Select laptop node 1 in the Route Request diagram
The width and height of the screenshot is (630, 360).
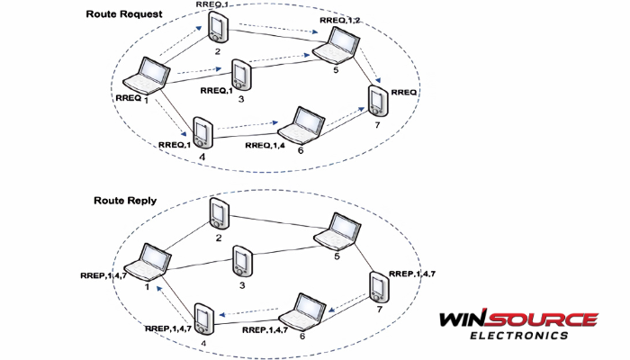pos(147,76)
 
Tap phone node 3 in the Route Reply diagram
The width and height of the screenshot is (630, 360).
pos(240,262)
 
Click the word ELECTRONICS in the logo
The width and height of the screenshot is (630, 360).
pos(519,336)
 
